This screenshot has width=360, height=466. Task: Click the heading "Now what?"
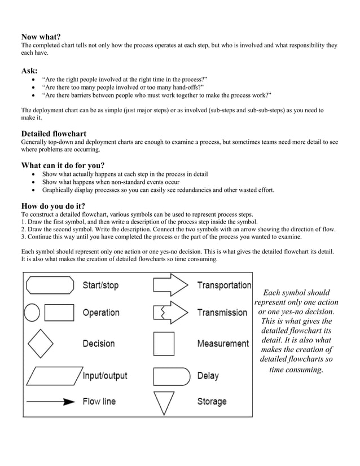point(41,37)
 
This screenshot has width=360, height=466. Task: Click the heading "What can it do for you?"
point(63,165)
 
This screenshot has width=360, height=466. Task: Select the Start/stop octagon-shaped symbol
point(50,285)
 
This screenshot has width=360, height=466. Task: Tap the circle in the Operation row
point(32,313)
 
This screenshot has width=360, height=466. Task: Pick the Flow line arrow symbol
point(50,402)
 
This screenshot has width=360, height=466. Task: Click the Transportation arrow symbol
point(170,285)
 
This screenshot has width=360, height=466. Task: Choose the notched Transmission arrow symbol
point(170,313)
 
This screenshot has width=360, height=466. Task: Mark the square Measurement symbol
point(164,343)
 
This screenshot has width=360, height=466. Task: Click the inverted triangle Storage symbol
point(164,403)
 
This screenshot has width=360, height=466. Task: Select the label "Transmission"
point(222,313)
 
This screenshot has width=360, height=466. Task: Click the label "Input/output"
point(105,376)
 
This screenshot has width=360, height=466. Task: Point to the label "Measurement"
point(223,344)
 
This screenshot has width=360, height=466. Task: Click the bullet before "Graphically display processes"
point(35,190)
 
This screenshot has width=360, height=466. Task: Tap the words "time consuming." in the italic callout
point(296,370)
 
